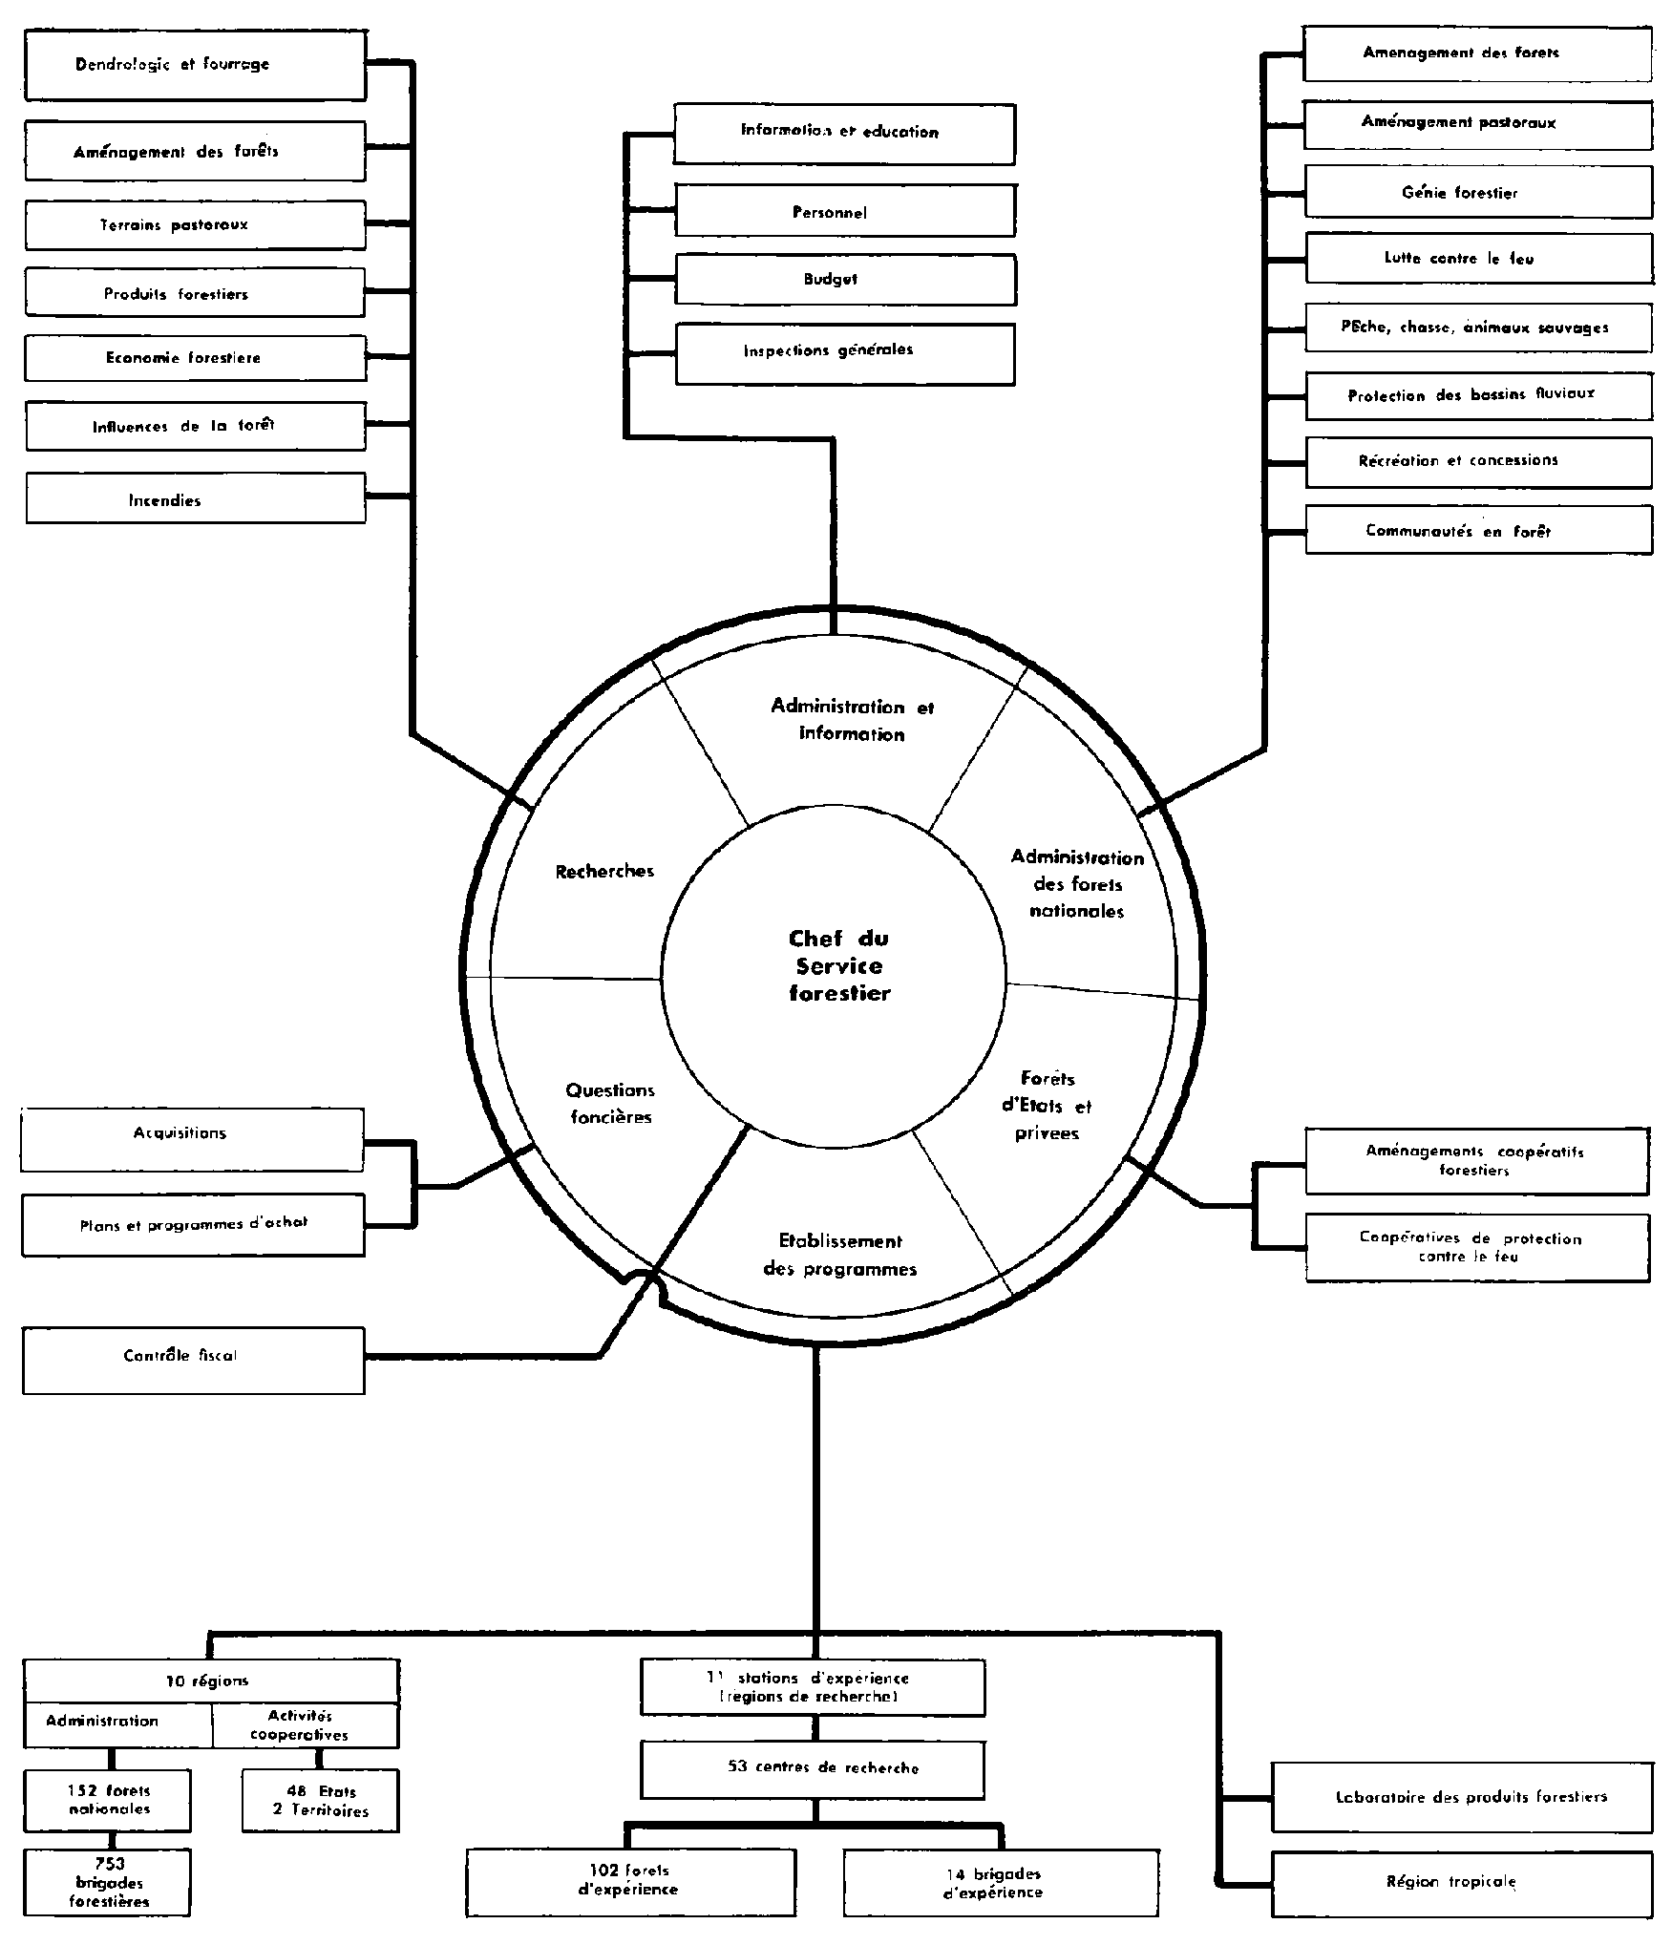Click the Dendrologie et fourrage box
point(195,65)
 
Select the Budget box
point(844,280)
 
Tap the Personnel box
point(844,211)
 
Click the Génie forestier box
point(1477,192)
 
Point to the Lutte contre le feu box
point(1477,258)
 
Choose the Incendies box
point(195,499)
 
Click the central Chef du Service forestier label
point(838,965)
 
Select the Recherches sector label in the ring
point(604,871)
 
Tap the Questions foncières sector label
point(609,1103)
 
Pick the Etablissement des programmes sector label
point(839,1255)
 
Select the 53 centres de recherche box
point(812,1768)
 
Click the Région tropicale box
point(1461,1883)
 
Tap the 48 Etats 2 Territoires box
point(320,1801)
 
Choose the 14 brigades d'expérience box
point(1001,1883)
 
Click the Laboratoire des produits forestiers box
point(1461,1798)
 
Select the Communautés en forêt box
point(1477,530)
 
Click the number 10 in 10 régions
point(175,1681)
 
